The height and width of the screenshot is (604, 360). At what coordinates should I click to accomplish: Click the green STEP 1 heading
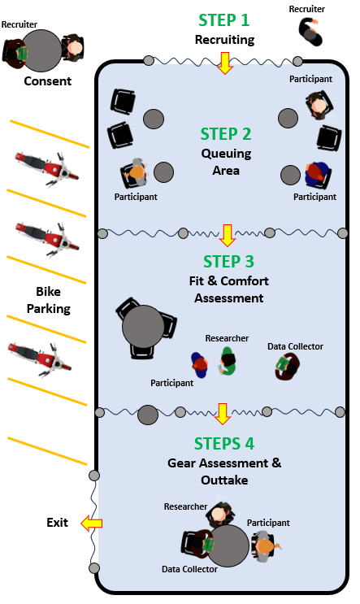click(x=224, y=20)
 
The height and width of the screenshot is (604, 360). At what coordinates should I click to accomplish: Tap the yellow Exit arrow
click(x=92, y=523)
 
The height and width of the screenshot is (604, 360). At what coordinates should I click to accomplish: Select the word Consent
click(x=48, y=81)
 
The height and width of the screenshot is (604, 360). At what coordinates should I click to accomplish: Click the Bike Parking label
click(x=49, y=300)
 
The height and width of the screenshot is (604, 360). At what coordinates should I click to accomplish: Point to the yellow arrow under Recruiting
click(x=225, y=63)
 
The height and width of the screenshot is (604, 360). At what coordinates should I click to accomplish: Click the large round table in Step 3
click(x=143, y=327)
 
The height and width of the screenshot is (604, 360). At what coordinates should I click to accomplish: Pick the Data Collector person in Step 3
click(x=287, y=367)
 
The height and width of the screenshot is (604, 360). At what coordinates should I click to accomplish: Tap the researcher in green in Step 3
click(x=228, y=361)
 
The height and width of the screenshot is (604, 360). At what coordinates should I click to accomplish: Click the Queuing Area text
click(x=226, y=162)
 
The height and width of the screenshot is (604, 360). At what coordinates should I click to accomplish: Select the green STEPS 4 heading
click(x=224, y=444)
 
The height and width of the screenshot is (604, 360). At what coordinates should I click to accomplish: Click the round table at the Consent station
click(x=42, y=51)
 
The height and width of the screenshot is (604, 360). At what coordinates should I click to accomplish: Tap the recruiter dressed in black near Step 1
click(x=310, y=33)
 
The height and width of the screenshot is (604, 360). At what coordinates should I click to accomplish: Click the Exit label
click(x=57, y=523)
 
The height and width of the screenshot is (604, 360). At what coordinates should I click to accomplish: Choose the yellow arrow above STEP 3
click(x=228, y=236)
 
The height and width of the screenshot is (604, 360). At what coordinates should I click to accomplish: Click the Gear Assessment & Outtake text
click(x=224, y=471)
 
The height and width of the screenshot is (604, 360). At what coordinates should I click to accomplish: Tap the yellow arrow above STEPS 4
click(x=222, y=414)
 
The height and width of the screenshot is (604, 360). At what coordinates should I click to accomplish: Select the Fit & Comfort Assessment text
click(x=229, y=289)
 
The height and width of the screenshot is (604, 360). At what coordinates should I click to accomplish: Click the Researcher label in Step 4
click(x=185, y=506)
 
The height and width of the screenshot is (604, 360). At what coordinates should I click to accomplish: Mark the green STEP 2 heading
click(x=226, y=134)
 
